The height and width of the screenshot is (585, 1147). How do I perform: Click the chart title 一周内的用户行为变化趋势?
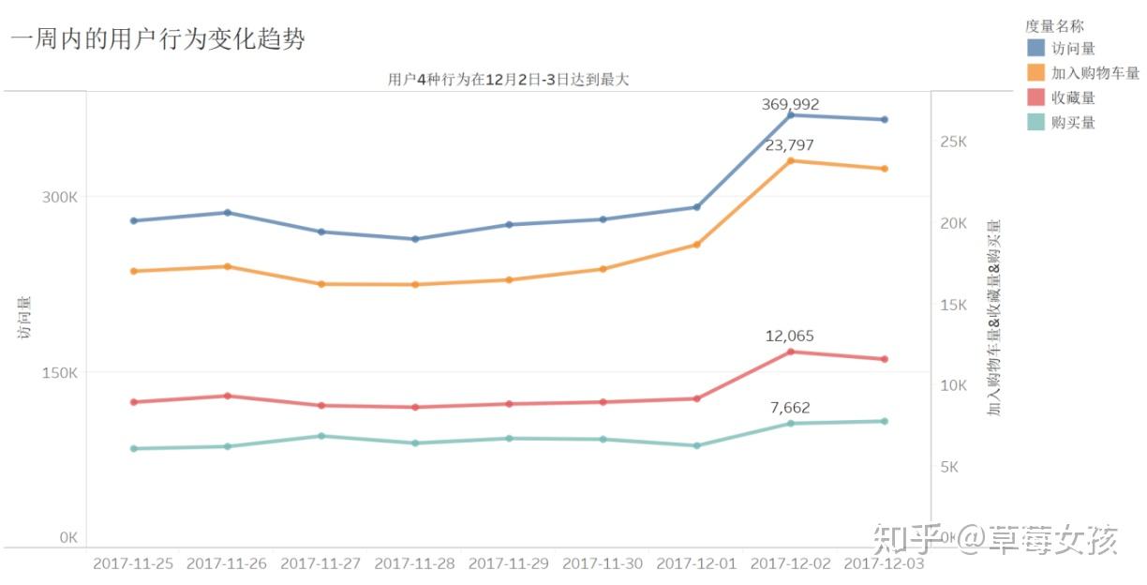tap(158, 38)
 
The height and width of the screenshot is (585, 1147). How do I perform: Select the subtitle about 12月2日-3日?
tap(509, 79)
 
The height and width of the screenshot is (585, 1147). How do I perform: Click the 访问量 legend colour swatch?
tap(1035, 48)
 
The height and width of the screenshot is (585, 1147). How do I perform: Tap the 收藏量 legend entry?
tap(1073, 97)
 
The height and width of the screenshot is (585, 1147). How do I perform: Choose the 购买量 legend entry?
tap(1073, 122)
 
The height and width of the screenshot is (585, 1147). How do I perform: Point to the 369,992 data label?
tap(790, 104)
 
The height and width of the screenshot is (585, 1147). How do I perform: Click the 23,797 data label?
tap(790, 145)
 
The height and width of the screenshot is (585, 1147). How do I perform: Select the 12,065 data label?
tap(790, 336)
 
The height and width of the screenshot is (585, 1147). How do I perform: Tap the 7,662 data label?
tap(790, 408)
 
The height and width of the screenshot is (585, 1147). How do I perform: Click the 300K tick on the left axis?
tap(61, 197)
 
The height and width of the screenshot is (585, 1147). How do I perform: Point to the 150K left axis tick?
tap(61, 372)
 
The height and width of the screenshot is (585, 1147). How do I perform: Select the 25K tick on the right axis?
tap(953, 142)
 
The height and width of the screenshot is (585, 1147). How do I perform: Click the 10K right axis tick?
tap(953, 385)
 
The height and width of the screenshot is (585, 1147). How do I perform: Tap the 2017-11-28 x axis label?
tap(415, 563)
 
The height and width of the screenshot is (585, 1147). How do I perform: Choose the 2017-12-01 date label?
tap(696, 563)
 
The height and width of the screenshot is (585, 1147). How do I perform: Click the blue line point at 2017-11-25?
tap(134, 220)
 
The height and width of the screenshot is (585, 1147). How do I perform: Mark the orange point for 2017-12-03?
tap(884, 169)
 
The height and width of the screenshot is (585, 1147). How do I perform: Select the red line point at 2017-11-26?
tap(228, 396)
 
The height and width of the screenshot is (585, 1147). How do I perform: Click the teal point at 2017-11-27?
tap(321, 436)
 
